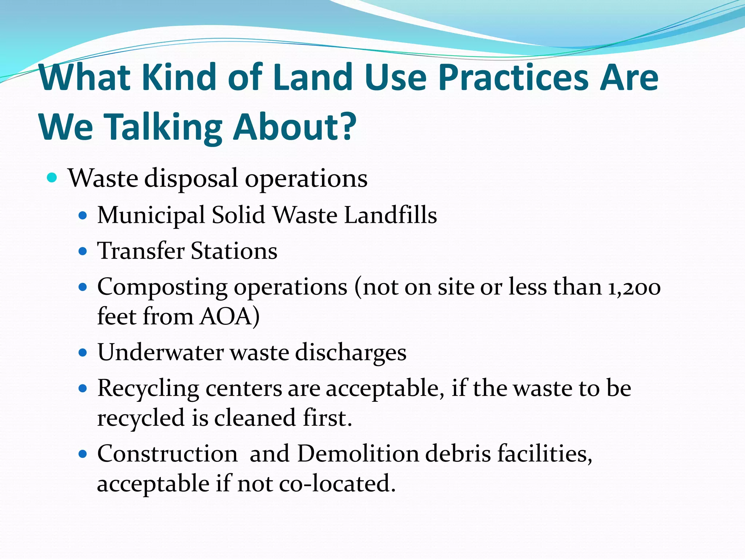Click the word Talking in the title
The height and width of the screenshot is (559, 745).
point(164,127)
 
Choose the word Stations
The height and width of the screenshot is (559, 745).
point(234,251)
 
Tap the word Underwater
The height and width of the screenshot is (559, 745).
point(160,352)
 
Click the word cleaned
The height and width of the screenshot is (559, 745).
point(255,417)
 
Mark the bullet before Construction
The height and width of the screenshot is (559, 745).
point(83,454)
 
